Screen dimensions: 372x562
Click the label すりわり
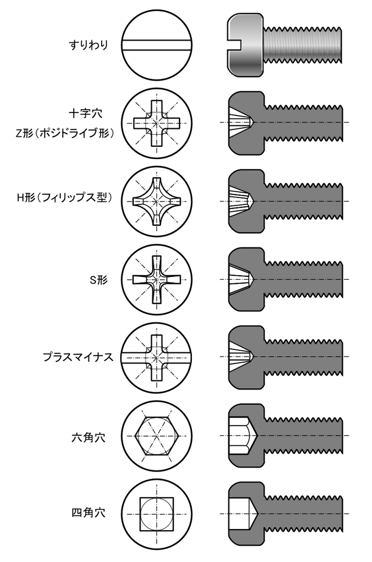pyautogui.click(x=88, y=45)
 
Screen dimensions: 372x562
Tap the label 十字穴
pyautogui.click(x=85, y=113)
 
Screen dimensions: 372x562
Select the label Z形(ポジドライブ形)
pyautogui.click(x=65, y=133)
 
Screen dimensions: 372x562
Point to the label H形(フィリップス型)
pyautogui.click(x=65, y=197)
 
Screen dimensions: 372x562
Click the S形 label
pyautogui.click(x=99, y=280)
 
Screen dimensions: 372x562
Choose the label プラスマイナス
pyautogui.click(x=78, y=357)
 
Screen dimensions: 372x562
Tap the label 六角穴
pyautogui.click(x=88, y=437)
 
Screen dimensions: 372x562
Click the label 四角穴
pyautogui.click(x=88, y=513)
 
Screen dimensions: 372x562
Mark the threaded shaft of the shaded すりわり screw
pyautogui.click(x=303, y=45)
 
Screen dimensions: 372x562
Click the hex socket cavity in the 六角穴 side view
pyautogui.click(x=242, y=436)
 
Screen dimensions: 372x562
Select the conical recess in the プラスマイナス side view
pyautogui.click(x=241, y=356)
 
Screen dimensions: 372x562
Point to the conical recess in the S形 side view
pyautogui.click(x=241, y=279)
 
